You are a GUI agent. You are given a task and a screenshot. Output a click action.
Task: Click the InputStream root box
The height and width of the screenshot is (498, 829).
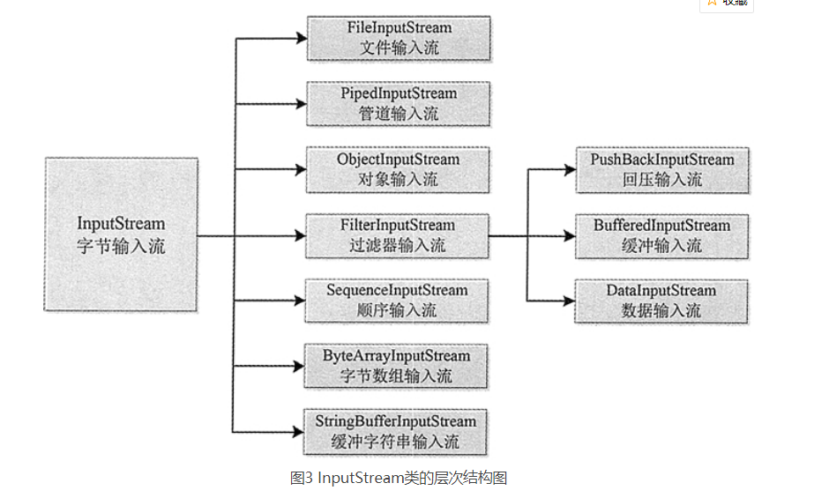coord(121,234)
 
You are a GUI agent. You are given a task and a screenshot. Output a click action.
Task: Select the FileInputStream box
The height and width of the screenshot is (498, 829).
coord(399,38)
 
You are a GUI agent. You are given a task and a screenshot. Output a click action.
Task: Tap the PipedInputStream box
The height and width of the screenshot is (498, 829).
coord(399,103)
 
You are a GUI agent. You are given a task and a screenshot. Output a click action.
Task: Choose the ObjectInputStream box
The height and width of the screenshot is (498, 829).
coord(399,169)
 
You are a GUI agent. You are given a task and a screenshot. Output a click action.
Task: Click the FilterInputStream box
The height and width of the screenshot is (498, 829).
coord(397,235)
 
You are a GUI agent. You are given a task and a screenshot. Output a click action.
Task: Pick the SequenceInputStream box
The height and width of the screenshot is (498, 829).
coord(397,301)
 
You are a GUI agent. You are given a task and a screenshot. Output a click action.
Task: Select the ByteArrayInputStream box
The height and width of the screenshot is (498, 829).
coord(397,366)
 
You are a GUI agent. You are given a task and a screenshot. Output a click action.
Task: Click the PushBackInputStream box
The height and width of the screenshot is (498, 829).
coord(661,169)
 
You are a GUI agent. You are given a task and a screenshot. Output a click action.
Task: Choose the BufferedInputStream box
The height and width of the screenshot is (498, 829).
coord(661,235)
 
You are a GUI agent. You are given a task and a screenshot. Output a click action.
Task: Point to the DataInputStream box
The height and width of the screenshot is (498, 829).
coord(661,301)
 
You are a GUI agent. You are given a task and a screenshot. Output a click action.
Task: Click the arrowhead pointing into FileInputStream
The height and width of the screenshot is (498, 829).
coord(300,39)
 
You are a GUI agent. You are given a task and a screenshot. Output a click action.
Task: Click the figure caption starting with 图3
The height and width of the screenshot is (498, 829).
coord(399,479)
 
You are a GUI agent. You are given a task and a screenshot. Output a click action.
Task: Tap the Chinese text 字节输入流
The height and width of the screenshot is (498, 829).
coord(121,246)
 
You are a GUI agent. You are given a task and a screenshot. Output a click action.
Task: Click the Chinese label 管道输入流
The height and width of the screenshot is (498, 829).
coord(399,114)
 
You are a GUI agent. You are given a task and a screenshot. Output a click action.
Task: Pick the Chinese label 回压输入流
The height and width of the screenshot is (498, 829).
coord(661,180)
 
